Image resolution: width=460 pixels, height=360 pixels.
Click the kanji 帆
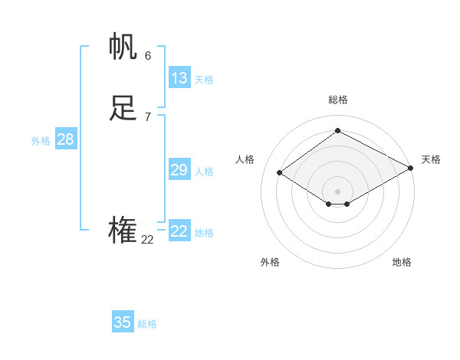tap(123, 47)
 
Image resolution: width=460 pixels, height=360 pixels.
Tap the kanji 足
tap(123, 109)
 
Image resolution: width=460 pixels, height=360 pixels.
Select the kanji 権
tap(123, 231)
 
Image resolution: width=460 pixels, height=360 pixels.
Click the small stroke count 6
tap(148, 55)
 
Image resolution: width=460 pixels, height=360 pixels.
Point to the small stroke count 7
tap(148, 116)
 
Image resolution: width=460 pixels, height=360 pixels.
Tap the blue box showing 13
tap(179, 78)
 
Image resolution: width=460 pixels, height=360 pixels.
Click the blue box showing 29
tap(179, 170)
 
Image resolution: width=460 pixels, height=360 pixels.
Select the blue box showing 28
tap(65, 139)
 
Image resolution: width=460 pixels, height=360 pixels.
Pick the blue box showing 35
tap(123, 322)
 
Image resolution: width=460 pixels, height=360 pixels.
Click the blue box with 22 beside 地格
tap(179, 231)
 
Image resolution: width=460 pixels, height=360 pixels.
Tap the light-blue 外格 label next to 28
tap(41, 141)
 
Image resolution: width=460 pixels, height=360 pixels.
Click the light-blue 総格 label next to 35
tap(147, 324)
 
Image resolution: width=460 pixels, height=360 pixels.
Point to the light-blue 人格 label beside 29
tap(204, 172)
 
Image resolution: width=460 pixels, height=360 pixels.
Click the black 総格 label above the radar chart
tap(338, 100)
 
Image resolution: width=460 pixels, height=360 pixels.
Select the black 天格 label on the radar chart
tap(431, 159)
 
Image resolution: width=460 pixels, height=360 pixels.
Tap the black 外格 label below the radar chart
tap(270, 262)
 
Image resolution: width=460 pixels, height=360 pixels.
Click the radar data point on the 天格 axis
tap(412, 168)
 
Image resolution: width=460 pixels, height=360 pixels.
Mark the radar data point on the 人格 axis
tap(280, 173)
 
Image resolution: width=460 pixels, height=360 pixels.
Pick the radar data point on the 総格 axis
tap(338, 130)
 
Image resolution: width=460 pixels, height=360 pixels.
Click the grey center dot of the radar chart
tap(338, 191)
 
